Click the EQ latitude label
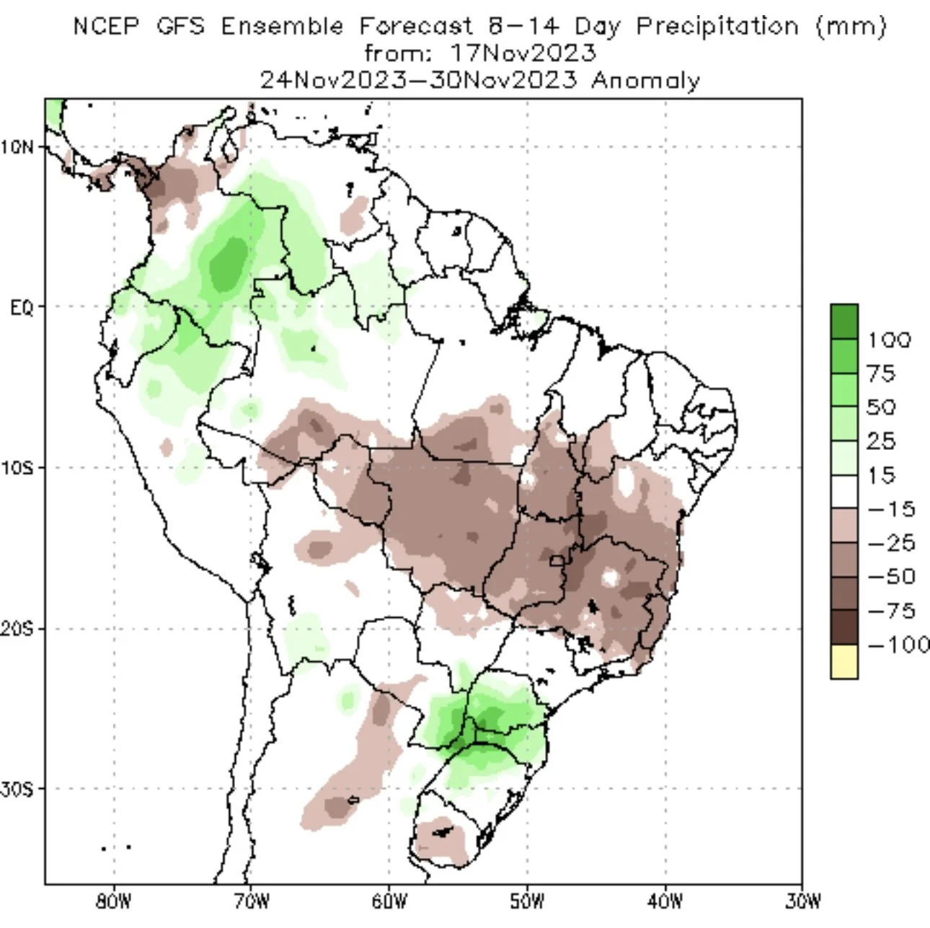pyautogui.click(x=22, y=308)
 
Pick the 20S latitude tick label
pyautogui.click(x=17, y=629)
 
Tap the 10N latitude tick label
pyautogui.click(x=17, y=147)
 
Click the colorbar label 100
pyautogui.click(x=890, y=340)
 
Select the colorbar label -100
pyautogui.click(x=898, y=644)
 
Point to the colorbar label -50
pyautogui.click(x=892, y=577)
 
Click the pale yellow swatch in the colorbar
pyautogui.click(x=844, y=661)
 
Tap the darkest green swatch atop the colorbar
pyautogui.click(x=844, y=322)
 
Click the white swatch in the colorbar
pyautogui.click(x=844, y=492)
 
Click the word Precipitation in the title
pyautogui.click(x=717, y=27)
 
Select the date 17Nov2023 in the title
pyautogui.click(x=523, y=53)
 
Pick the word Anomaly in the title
pyautogui.click(x=646, y=81)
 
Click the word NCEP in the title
pyautogui.click(x=106, y=26)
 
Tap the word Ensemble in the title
pyautogui.click(x=283, y=26)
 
